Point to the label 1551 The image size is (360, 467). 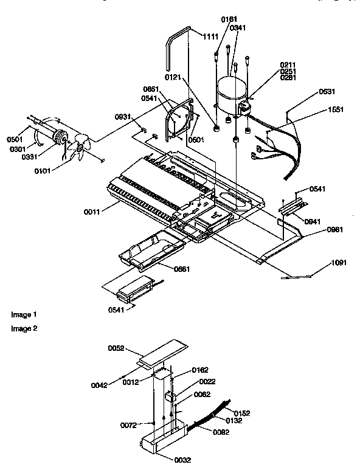point(334,109)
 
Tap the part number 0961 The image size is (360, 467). point(318,229)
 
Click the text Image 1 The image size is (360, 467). point(24,314)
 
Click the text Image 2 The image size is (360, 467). point(24,328)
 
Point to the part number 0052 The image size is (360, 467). point(116,348)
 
